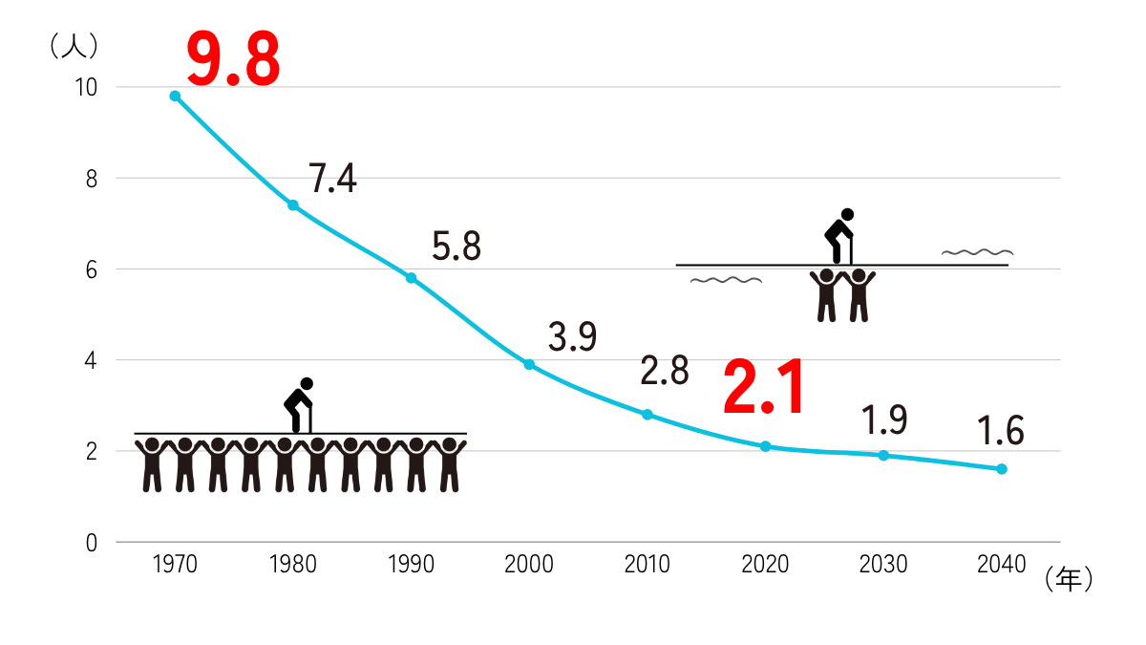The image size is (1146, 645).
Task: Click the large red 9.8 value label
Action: (233, 59)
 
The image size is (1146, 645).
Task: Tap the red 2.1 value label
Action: (765, 388)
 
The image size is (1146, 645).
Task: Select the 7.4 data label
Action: (332, 179)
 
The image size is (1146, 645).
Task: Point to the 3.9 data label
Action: (572, 336)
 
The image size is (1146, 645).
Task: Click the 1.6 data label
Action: (1000, 432)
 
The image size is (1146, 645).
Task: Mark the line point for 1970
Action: (175, 96)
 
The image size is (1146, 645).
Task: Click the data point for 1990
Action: (411, 278)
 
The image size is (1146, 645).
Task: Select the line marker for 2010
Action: (647, 415)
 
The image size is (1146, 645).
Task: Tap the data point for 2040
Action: (1002, 469)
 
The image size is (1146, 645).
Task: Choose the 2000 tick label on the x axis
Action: (529, 565)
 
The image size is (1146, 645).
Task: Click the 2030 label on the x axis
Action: (883, 565)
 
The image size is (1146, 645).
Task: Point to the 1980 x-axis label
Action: (293, 565)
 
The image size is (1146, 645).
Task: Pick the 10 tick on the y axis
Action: (86, 87)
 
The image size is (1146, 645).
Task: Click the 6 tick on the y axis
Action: (92, 269)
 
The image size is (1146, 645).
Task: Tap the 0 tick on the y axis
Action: (92, 543)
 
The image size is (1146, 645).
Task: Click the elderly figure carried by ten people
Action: (300, 405)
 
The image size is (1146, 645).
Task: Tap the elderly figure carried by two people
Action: (839, 235)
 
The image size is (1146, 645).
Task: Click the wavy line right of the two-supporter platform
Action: (977, 252)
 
